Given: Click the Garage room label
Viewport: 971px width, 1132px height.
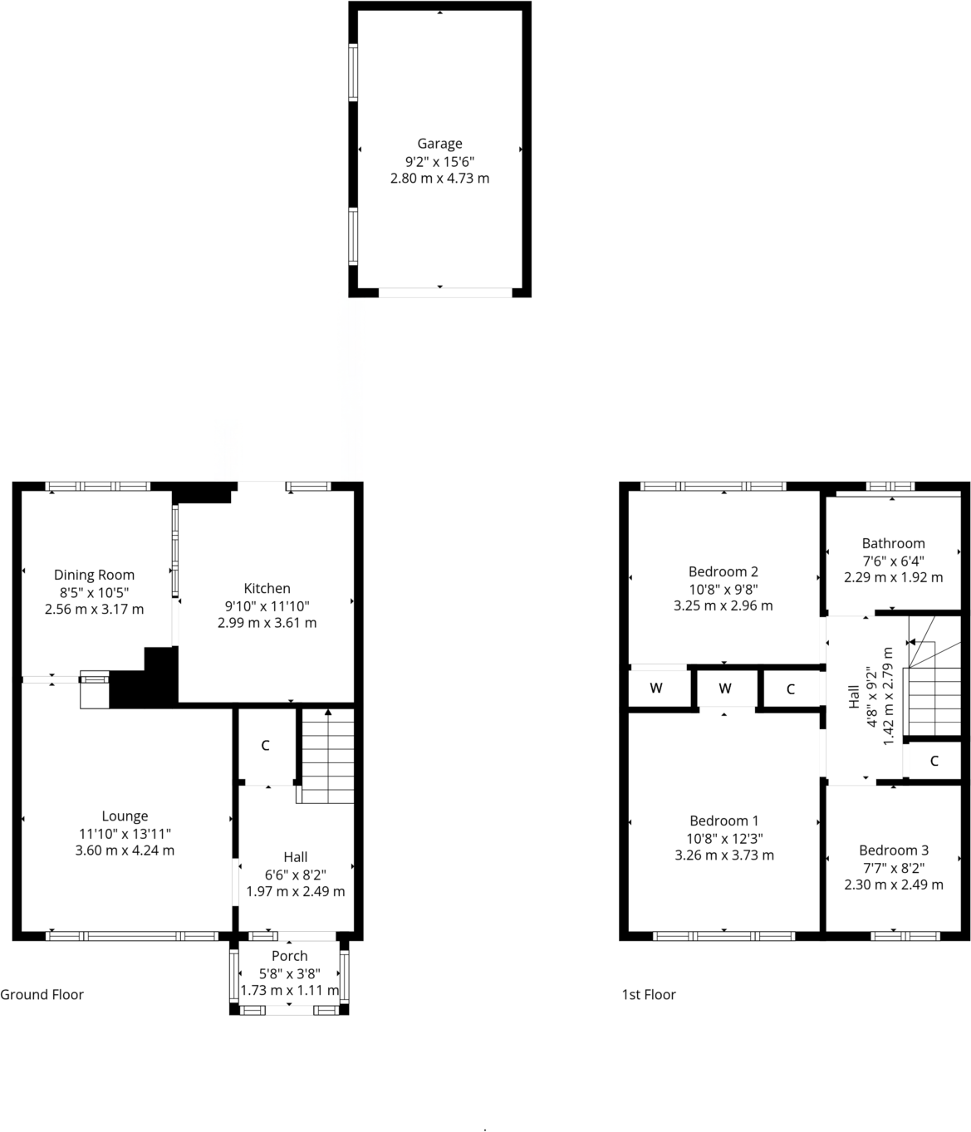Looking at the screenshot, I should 439,144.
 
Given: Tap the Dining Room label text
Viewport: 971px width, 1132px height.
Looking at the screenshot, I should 94,575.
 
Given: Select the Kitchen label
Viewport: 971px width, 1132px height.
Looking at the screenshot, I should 267,589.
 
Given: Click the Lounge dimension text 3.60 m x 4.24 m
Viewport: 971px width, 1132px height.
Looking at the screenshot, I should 125,850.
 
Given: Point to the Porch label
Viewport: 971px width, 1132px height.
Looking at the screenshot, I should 289,956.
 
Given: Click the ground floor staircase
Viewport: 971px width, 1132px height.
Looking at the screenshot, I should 328,756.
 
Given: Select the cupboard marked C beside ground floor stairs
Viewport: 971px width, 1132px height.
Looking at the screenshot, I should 265,746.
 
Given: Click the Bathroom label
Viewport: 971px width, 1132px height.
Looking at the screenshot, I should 893,543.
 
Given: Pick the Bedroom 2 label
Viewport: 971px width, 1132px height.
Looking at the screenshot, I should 723,571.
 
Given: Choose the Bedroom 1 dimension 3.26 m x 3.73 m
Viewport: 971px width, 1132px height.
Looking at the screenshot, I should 724,855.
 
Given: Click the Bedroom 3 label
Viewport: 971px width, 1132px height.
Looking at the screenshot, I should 893,850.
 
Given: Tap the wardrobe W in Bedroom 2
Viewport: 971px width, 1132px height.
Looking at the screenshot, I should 656,689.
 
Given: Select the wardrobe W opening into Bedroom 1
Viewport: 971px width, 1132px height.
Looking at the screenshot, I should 725,689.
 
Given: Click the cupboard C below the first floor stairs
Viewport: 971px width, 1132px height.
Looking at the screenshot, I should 934,761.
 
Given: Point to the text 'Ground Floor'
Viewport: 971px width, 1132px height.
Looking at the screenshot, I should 42,994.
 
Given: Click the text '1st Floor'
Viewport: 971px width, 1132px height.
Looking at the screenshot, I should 649,994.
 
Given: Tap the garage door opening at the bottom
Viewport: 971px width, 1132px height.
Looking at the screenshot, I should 445,292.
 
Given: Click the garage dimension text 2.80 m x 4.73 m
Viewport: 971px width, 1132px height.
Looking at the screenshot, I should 439,179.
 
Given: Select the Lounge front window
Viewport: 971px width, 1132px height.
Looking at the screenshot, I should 132,936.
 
